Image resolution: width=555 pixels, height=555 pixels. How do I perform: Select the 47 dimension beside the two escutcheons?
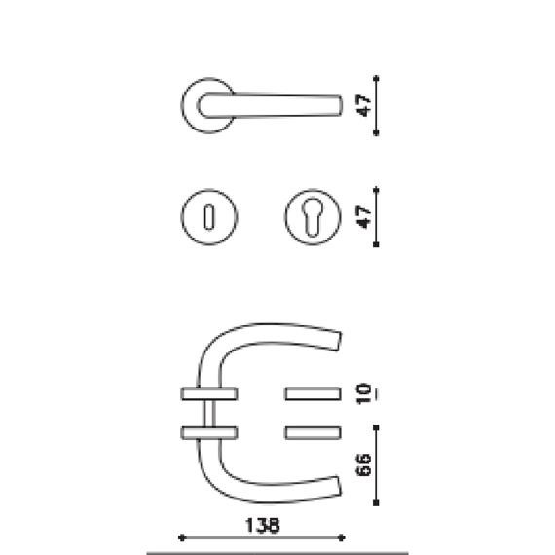[x=361, y=215]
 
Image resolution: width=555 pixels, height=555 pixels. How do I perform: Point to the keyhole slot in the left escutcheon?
[x=209, y=216]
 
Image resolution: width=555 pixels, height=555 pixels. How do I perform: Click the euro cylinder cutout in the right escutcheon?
[x=314, y=216]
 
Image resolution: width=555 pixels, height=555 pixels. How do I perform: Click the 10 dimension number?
[x=363, y=395]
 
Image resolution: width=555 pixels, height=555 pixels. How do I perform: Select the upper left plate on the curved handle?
[x=209, y=394]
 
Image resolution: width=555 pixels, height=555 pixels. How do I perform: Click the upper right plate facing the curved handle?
[x=313, y=394]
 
